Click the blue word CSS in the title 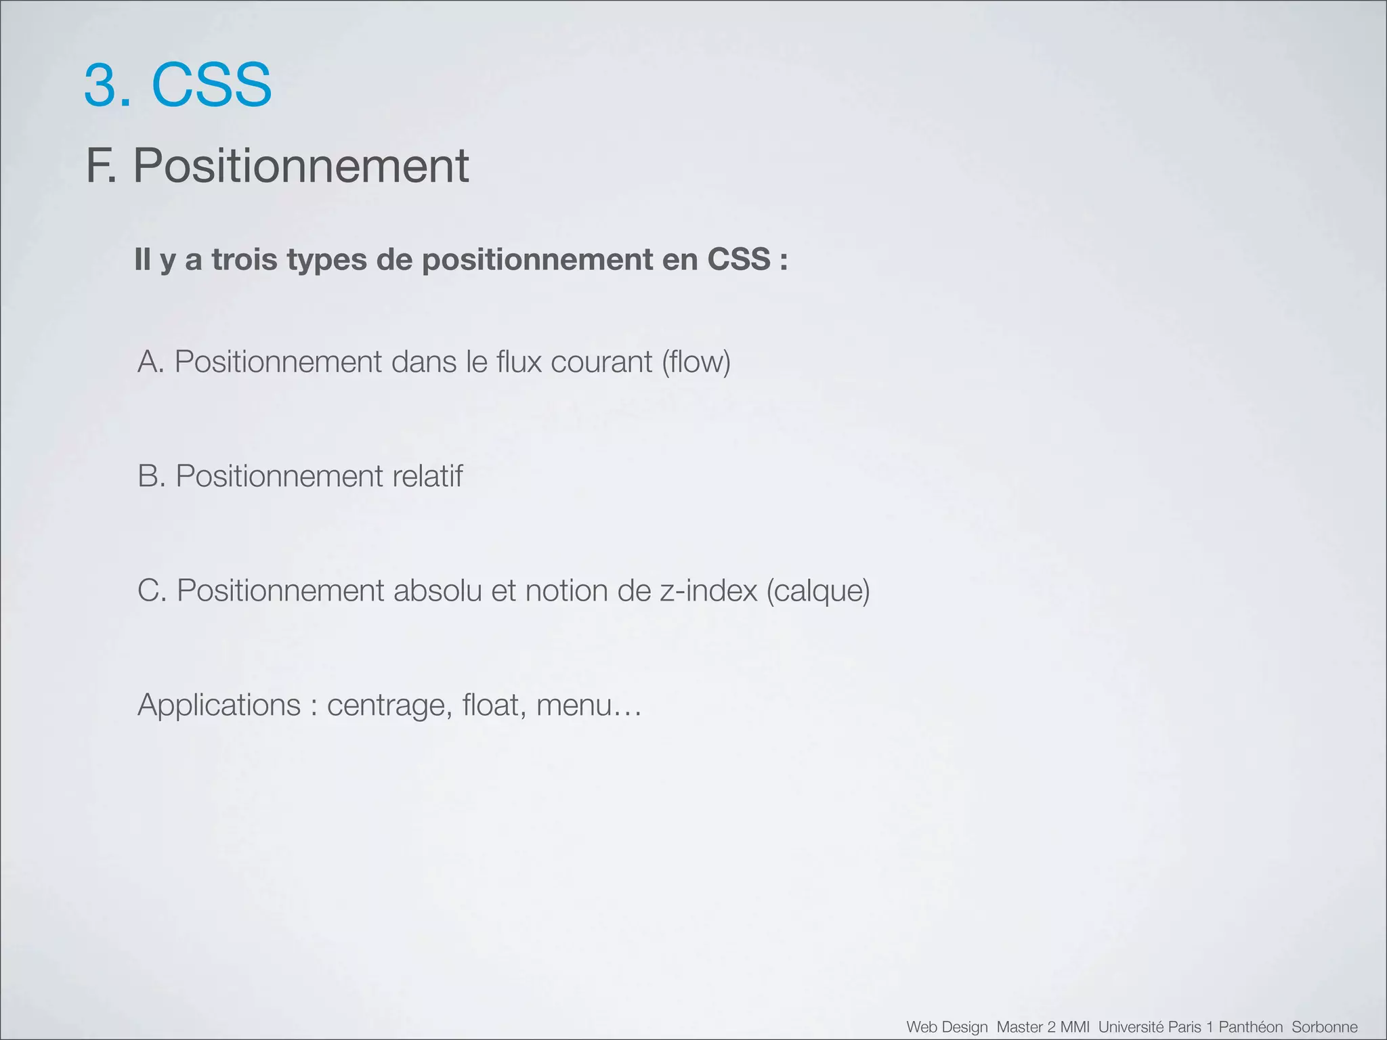pyautogui.click(x=211, y=85)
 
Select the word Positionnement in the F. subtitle pyautogui.click(x=301, y=166)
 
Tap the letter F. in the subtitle pyautogui.click(x=101, y=166)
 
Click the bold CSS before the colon pyautogui.click(x=739, y=260)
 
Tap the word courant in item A pyautogui.click(x=601, y=362)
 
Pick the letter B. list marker pyautogui.click(x=152, y=476)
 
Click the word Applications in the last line pyautogui.click(x=219, y=706)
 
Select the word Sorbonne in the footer pyautogui.click(x=1324, y=1027)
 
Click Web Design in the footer pyautogui.click(x=947, y=1027)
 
